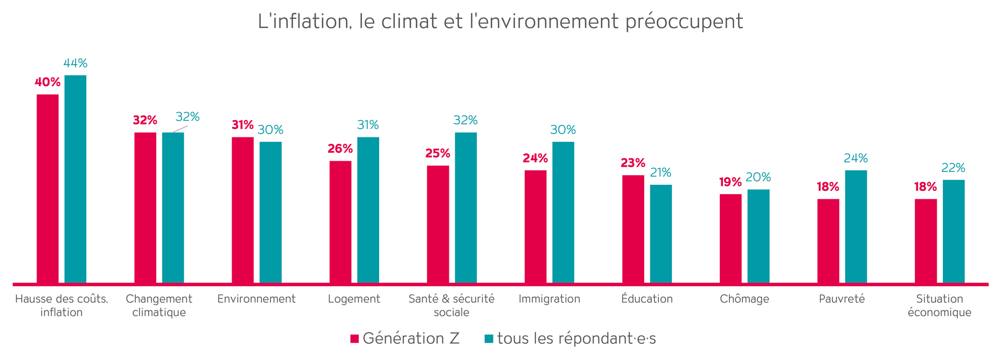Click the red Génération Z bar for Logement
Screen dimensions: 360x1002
point(340,221)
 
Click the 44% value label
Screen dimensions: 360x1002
point(75,63)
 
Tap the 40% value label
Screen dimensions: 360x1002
point(47,82)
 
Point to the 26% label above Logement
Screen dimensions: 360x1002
point(340,149)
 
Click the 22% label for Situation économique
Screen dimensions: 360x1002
point(953,168)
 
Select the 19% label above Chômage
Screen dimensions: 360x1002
point(730,182)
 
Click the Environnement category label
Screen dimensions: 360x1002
point(256,299)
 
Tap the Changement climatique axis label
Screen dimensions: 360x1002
point(159,305)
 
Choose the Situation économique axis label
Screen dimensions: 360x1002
point(940,305)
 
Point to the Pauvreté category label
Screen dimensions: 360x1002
point(841,299)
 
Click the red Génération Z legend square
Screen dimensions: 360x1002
point(354,339)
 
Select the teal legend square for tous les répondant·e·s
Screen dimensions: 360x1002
point(489,339)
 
